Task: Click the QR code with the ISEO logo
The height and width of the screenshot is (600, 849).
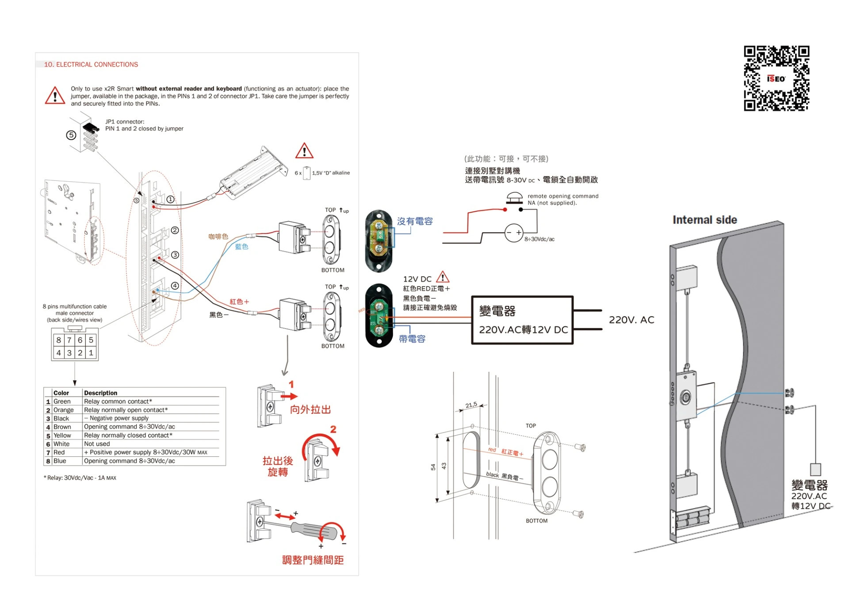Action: [x=776, y=78]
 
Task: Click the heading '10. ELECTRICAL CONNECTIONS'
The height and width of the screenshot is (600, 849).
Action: [x=91, y=65]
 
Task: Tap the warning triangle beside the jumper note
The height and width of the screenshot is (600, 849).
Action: [x=55, y=96]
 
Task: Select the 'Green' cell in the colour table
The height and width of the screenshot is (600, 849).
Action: [x=62, y=401]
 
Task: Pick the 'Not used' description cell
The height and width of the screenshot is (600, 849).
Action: [x=97, y=444]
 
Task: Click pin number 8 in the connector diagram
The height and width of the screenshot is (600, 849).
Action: [x=58, y=340]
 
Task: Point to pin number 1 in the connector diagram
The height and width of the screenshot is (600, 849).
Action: [x=91, y=353]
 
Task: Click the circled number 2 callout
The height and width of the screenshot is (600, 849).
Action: [x=175, y=230]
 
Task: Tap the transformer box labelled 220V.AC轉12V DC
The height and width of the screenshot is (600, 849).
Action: [x=522, y=320]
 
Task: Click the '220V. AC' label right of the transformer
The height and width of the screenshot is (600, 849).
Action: [x=631, y=320]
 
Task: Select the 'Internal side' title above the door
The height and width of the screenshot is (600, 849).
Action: [x=704, y=220]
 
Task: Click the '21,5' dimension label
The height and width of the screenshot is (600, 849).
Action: [x=471, y=405]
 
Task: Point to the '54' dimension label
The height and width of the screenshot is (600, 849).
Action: [x=433, y=467]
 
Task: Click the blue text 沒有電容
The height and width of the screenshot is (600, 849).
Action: [x=414, y=221]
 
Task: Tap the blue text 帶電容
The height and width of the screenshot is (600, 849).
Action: [x=412, y=339]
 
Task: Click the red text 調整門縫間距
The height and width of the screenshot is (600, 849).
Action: [x=313, y=560]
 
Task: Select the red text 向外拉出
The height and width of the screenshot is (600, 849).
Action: [x=310, y=409]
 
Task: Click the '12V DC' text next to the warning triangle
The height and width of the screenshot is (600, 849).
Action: [x=417, y=279]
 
